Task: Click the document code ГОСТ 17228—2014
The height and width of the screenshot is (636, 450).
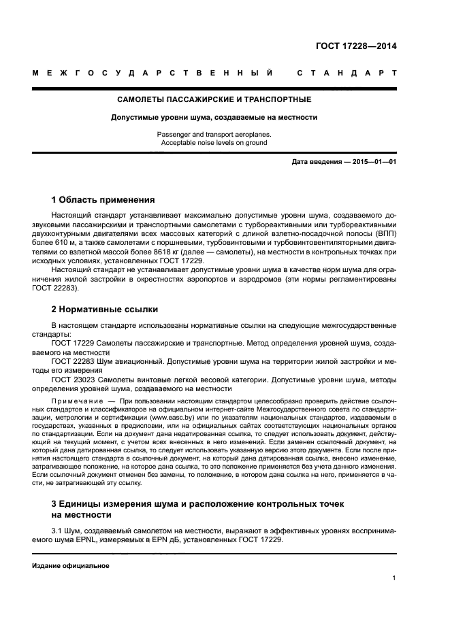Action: point(357,47)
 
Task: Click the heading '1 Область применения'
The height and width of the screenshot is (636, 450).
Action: point(103,200)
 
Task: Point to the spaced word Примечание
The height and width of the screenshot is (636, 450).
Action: point(76,402)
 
